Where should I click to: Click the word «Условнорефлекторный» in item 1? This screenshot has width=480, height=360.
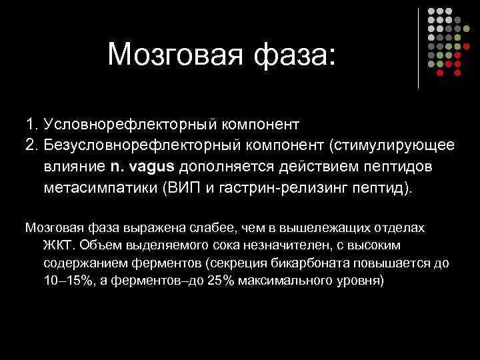(127, 124)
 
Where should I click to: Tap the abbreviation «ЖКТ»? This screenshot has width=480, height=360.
(58, 245)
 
